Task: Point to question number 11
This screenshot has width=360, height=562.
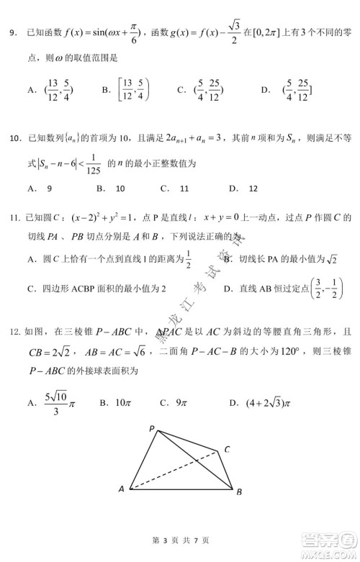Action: [x=14, y=219]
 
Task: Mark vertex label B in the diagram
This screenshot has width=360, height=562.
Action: [x=238, y=491]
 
